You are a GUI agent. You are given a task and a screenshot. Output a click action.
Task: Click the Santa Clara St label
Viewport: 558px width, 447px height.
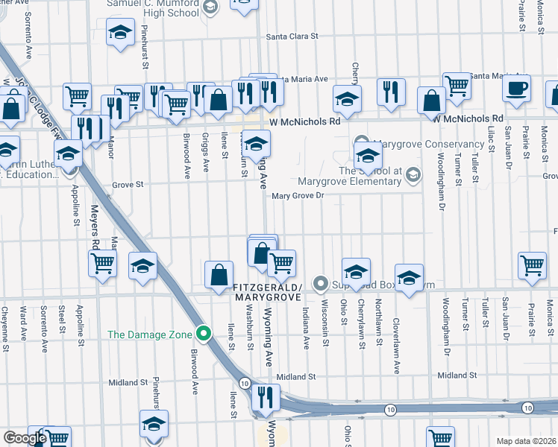click(x=292, y=36)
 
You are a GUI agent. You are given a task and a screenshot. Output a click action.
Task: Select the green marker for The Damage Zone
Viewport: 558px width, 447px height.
click(x=202, y=333)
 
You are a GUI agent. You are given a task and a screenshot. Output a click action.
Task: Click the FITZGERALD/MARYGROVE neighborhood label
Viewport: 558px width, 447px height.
click(x=267, y=292)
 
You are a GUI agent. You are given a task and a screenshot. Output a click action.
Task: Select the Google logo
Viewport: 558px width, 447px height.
click(x=25, y=437)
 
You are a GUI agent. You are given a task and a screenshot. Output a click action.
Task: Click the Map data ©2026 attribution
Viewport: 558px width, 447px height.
click(x=526, y=441)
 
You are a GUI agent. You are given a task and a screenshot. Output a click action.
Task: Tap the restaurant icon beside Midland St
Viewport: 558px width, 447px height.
click(x=265, y=398)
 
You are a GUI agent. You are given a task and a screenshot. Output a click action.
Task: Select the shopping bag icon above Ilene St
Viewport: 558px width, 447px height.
click(x=219, y=274)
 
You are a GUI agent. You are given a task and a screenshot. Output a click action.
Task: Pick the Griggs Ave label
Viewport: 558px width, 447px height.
click(x=205, y=145)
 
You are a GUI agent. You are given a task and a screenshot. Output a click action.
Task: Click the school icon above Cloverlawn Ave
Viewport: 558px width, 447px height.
click(x=409, y=278)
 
